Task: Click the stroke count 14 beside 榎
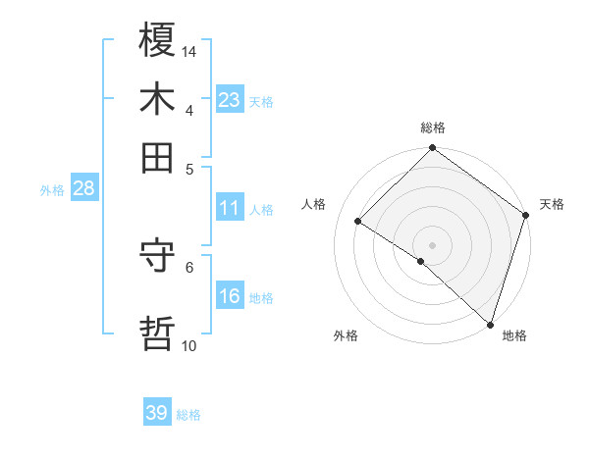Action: [x=190, y=51]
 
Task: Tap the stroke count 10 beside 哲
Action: [x=189, y=346]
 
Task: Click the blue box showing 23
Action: [x=230, y=100]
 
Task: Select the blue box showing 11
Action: [x=230, y=209]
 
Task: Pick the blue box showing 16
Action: [x=230, y=297]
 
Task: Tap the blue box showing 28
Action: [x=83, y=189]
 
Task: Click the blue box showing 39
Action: [x=157, y=413]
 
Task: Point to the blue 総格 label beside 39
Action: [x=188, y=415]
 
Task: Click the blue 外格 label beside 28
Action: [x=52, y=190]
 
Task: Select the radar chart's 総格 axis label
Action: [x=433, y=128]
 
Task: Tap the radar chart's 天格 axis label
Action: [x=552, y=204]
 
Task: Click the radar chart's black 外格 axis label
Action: [x=346, y=335]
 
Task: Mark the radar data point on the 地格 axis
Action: [x=490, y=324]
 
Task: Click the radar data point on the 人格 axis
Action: [x=358, y=222]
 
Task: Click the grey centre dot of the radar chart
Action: [x=432, y=244]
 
